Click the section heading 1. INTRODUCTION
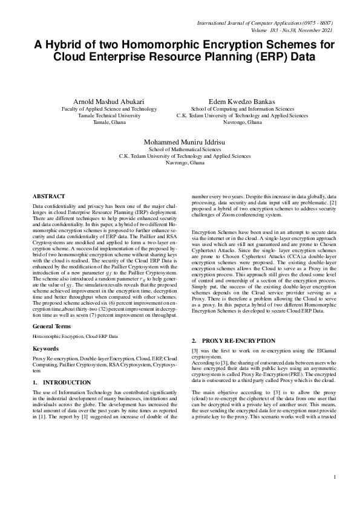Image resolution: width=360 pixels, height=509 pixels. pos(57,383)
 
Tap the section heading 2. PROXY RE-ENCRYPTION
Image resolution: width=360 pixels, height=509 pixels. pos(233,341)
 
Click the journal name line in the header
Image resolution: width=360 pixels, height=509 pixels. pos(265,23)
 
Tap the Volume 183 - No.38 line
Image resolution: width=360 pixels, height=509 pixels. pos(292,30)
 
